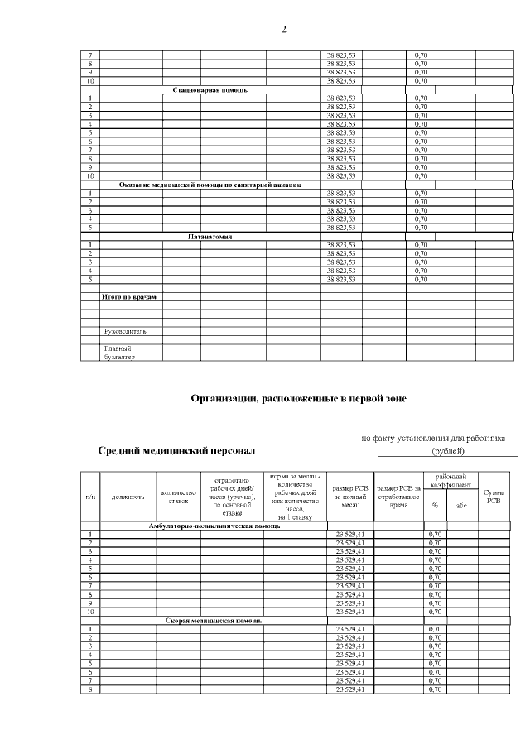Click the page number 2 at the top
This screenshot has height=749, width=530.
coord(283,30)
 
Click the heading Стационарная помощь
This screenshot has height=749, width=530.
coord(210,89)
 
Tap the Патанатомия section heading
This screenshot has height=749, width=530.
coord(210,237)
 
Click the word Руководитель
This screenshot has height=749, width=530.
coord(125,331)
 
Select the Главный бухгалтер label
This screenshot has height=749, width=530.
coord(118,353)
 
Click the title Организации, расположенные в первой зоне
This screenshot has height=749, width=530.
coord(298,398)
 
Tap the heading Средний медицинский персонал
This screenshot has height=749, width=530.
coord(177,451)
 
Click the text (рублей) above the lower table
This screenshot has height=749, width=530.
coord(448,451)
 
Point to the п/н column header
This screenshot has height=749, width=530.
coord(89,497)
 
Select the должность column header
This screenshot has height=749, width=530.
coord(128,497)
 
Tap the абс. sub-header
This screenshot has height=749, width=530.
coord(461,505)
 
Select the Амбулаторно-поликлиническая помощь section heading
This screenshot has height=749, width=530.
coord(214,526)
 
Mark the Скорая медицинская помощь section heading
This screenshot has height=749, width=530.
coord(214,620)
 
